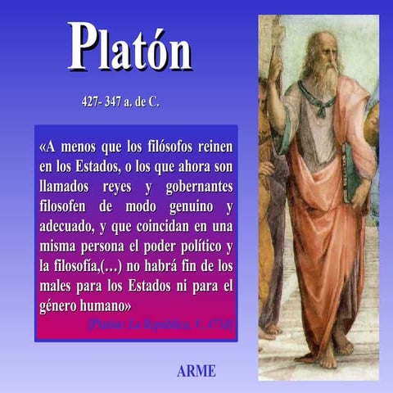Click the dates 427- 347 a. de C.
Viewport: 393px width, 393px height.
point(120,103)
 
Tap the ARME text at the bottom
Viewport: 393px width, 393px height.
point(196,371)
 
